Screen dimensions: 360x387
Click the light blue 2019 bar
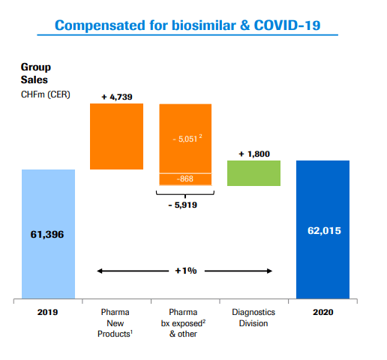point(49,234)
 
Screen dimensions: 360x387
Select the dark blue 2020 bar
point(323,229)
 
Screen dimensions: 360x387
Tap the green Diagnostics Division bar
point(254,173)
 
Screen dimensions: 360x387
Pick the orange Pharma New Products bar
point(116,136)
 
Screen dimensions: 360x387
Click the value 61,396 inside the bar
point(49,235)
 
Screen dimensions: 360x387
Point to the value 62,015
point(323,230)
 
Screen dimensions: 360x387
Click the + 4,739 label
point(116,97)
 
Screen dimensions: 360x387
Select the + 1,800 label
point(254,154)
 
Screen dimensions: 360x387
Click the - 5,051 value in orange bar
point(184,139)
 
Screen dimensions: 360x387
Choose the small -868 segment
point(184,179)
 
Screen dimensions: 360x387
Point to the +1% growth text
point(184,270)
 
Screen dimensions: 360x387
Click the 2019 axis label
point(49,312)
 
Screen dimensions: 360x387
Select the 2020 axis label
point(323,312)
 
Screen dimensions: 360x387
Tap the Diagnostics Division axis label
point(254,317)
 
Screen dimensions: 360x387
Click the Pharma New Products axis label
point(116,322)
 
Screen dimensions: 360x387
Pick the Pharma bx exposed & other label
point(184,322)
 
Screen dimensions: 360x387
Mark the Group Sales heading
point(36,72)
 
